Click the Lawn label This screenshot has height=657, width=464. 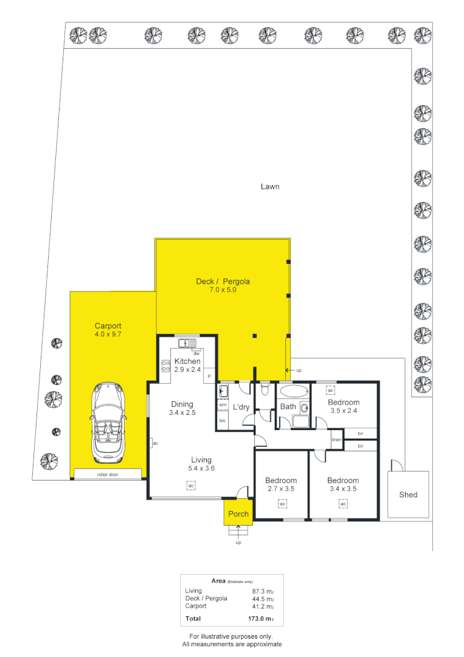[x=270, y=187]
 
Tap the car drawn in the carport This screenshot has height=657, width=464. [x=108, y=423]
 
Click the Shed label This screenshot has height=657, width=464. [x=408, y=495]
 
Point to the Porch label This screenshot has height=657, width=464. [x=238, y=514]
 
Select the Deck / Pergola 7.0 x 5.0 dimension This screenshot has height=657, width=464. [x=223, y=290]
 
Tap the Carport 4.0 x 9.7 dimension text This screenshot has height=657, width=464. [x=109, y=334]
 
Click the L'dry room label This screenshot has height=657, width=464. [x=241, y=406]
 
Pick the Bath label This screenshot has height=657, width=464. [x=288, y=406]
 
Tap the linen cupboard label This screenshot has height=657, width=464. [x=336, y=439]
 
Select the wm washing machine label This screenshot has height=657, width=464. [x=223, y=405]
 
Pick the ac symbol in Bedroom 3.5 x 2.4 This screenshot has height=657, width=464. [x=331, y=390]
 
